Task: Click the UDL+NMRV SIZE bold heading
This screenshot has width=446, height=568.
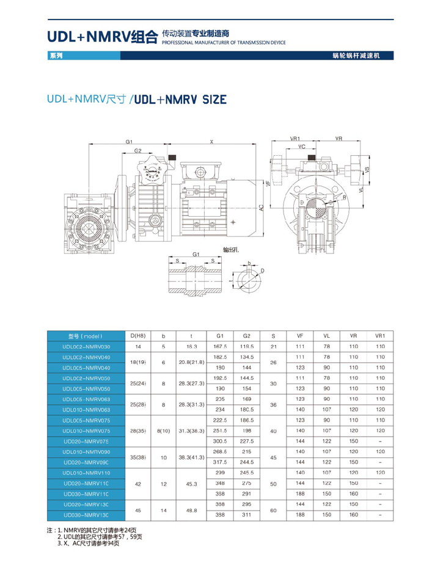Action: [180, 100]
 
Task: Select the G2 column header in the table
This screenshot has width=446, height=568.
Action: [247, 336]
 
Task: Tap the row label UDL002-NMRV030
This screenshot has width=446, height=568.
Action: [86, 347]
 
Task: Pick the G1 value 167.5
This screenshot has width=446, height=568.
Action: [220, 346]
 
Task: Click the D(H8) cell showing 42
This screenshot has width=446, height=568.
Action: [138, 484]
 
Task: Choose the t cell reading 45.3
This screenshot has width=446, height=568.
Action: [191, 484]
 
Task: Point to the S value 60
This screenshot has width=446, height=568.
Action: [273, 510]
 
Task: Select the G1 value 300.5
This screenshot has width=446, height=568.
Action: [220, 441]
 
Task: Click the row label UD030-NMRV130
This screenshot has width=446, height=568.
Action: [86, 515]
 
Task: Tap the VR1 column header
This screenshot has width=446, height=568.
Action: [380, 336]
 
